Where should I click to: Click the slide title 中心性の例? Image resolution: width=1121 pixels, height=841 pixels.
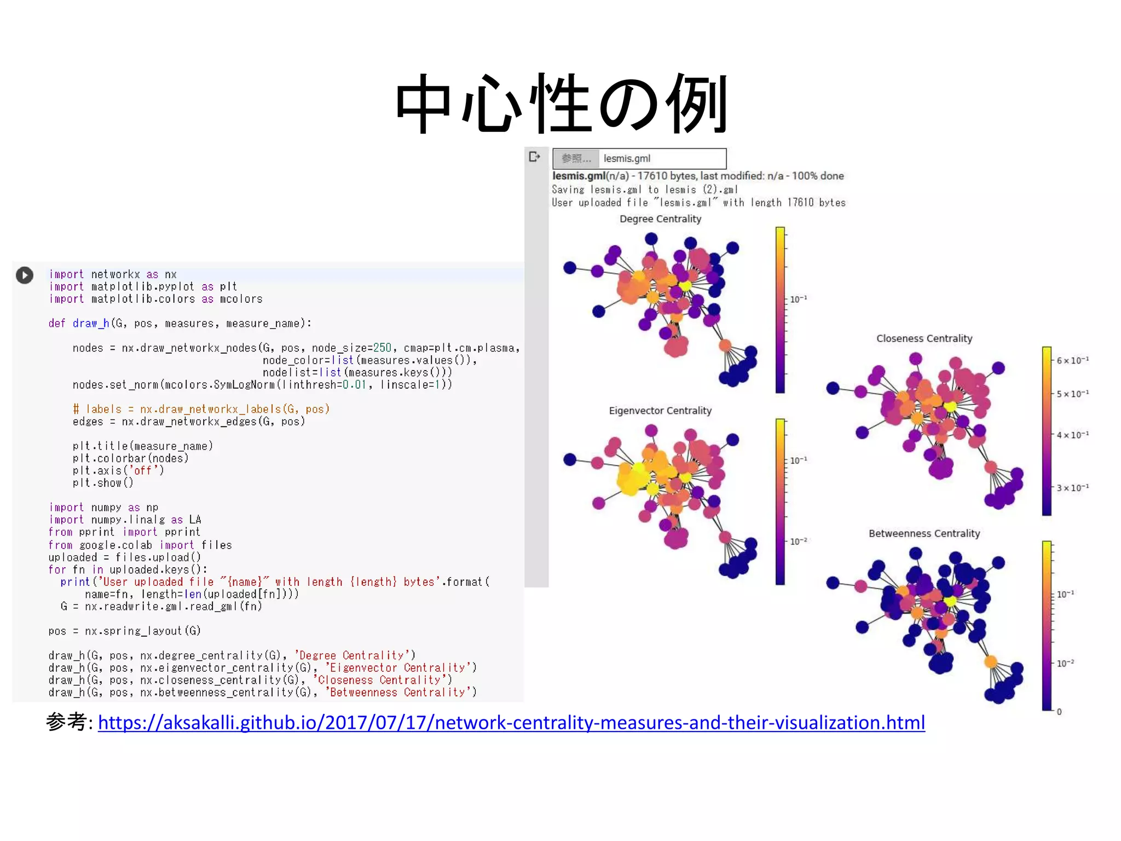click(x=562, y=104)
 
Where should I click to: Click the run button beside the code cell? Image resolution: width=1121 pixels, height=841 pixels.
click(x=25, y=275)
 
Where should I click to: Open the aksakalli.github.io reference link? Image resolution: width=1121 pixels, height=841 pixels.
click(x=511, y=723)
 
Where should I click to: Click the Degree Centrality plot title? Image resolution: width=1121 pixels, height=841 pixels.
click(x=660, y=219)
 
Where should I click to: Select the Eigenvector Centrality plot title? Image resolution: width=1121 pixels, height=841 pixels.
click(x=660, y=411)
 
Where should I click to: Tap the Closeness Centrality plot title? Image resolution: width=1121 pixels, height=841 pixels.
click(x=924, y=338)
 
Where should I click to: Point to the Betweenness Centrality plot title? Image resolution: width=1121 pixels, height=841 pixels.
click(x=924, y=533)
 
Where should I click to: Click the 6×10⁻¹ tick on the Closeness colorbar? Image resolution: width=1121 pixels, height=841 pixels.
click(x=1072, y=360)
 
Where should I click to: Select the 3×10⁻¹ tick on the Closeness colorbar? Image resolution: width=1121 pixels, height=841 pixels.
click(x=1072, y=488)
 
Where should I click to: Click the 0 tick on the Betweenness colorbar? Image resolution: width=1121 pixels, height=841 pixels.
click(x=1059, y=712)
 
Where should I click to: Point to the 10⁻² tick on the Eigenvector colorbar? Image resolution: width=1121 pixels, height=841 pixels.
click(x=798, y=542)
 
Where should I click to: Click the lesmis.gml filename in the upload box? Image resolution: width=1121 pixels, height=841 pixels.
click(x=627, y=159)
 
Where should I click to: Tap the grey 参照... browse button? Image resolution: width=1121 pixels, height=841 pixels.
click(x=576, y=159)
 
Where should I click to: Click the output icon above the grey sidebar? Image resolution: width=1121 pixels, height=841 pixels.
click(x=535, y=157)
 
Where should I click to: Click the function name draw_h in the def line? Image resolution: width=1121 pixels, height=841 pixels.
click(x=91, y=324)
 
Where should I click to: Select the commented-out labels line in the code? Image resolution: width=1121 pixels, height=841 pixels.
click(x=201, y=409)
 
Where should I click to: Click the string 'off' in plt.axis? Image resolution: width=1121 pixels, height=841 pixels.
click(x=142, y=470)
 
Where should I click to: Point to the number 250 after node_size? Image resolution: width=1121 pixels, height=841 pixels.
click(x=382, y=348)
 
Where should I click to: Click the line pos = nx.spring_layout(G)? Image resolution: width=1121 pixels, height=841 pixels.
click(x=124, y=631)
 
